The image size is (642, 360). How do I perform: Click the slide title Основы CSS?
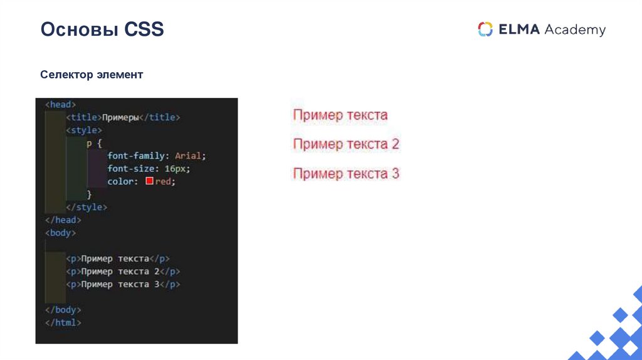coord(102,29)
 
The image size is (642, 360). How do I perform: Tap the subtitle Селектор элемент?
coord(92,75)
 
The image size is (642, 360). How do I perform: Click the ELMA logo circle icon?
coord(485,29)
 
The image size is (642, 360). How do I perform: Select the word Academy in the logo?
coord(575,29)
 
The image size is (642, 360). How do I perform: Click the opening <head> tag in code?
coord(60,105)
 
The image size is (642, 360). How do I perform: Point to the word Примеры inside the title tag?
coord(120,117)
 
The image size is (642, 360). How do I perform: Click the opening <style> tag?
coord(83,130)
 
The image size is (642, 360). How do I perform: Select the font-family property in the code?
coord(136,156)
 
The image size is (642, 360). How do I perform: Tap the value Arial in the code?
coord(189,156)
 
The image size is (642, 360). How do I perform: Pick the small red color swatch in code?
coord(149,181)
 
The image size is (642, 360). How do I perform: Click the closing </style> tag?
coord(87,207)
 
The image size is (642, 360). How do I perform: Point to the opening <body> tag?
coord(60,233)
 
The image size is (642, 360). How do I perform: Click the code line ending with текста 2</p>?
coord(123,272)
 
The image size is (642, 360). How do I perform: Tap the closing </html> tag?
coord(63,322)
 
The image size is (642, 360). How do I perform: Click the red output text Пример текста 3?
coord(346,174)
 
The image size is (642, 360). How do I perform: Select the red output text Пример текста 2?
coord(346,144)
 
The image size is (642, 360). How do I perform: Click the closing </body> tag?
coord(63,310)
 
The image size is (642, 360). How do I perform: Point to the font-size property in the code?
coord(130,169)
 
